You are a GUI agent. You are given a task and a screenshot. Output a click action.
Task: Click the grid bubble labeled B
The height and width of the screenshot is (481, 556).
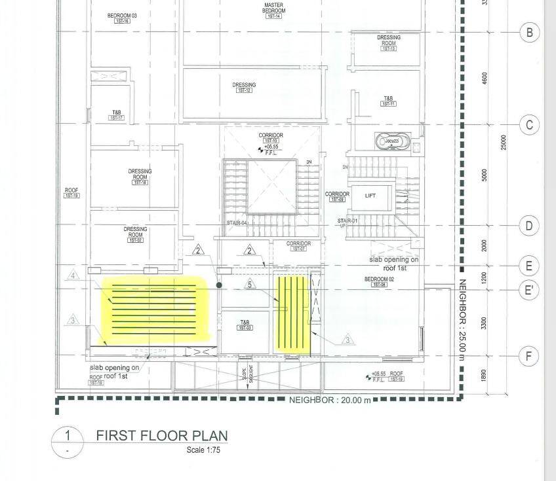click(530, 31)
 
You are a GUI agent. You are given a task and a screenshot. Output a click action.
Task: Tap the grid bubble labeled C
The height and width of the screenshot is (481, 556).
click(530, 125)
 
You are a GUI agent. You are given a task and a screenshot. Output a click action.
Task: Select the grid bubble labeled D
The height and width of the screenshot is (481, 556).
click(530, 226)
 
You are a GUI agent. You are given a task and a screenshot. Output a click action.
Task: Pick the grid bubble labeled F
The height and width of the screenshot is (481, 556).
click(528, 356)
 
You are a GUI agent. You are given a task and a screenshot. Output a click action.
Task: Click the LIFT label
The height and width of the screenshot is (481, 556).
click(370, 196)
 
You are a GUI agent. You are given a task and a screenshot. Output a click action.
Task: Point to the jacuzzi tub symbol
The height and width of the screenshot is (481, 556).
click(391, 141)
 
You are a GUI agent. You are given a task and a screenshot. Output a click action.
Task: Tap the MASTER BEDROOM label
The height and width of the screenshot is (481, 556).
click(274, 9)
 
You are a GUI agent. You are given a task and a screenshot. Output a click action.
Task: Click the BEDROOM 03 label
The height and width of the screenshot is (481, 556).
click(123, 15)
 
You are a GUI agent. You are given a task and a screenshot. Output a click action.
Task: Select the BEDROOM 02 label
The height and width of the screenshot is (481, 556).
click(379, 279)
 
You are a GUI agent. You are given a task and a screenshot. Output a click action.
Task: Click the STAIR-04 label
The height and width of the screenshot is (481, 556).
click(237, 223)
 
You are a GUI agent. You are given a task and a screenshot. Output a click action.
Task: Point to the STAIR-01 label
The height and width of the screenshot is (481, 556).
click(347, 221)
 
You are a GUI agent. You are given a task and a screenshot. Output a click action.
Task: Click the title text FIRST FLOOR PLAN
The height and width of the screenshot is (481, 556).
click(162, 436)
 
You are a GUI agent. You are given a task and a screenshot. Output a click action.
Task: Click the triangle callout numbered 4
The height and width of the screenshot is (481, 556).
click(73, 276)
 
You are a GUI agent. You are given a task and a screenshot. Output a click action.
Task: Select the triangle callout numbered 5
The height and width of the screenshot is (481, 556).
click(249, 285)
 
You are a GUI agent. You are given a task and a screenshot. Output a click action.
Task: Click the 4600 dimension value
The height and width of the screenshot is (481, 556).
click(485, 78)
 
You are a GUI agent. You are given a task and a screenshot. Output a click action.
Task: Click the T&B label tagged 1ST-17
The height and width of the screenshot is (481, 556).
click(117, 113)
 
